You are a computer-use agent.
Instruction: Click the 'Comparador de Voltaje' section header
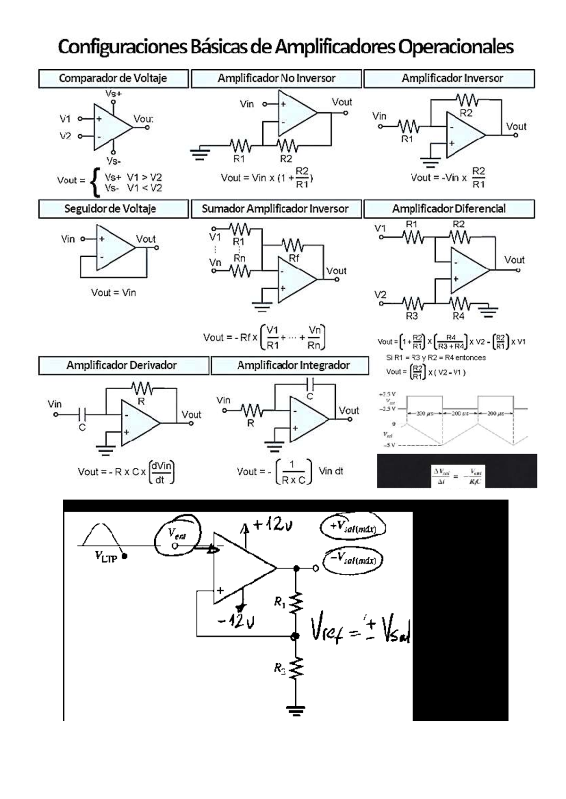pos(113,79)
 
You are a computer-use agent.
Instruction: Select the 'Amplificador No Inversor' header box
pos(276,79)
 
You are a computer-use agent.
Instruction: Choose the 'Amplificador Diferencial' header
pos(449,209)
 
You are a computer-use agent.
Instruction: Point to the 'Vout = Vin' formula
pos(113,293)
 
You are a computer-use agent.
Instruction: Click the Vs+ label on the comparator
pos(113,94)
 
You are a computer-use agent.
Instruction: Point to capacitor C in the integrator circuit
pos(310,384)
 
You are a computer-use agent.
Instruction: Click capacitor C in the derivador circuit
pos(83,415)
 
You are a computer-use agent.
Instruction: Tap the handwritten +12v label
pos(272,524)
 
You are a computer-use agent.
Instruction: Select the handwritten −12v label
pos(236,621)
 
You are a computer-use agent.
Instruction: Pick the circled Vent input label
pos(177,534)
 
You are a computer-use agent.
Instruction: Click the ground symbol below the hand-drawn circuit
pos(296,710)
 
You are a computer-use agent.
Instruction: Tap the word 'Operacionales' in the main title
pos(456,47)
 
